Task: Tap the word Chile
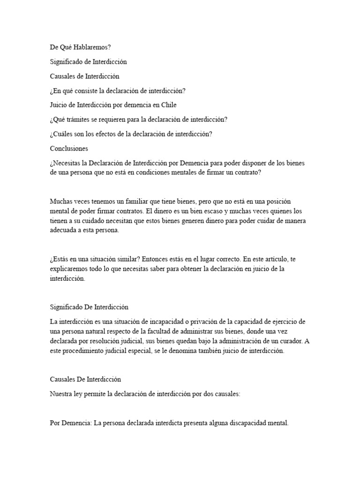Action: (168, 105)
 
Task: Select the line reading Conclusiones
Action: (69, 149)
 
